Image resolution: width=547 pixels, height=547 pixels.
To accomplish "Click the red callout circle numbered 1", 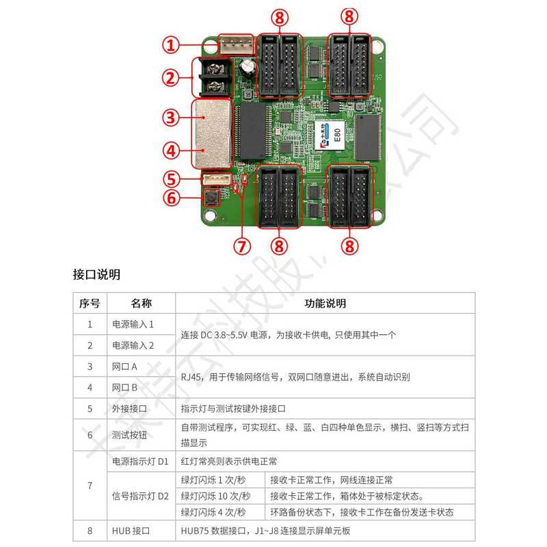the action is pyautogui.click(x=171, y=46).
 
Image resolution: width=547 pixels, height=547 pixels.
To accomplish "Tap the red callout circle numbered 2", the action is pyautogui.click(x=171, y=77).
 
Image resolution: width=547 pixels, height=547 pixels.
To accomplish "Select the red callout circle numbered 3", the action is pyautogui.click(x=171, y=116).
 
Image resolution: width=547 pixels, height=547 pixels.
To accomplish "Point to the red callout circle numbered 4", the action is pyautogui.click(x=171, y=148).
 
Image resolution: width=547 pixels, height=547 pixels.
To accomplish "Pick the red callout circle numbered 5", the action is pyautogui.click(x=171, y=179).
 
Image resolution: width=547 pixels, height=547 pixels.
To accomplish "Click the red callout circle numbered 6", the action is pyautogui.click(x=171, y=200).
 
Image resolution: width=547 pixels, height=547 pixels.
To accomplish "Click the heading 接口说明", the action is pyautogui.click(x=96, y=275).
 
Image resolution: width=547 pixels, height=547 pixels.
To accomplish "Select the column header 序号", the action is pyautogui.click(x=90, y=303).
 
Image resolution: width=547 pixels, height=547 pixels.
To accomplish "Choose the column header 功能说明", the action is pyautogui.click(x=325, y=303).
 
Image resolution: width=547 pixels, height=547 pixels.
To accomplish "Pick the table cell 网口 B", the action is pyautogui.click(x=124, y=387).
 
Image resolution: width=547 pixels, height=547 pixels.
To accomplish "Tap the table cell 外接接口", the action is pyautogui.click(x=129, y=409).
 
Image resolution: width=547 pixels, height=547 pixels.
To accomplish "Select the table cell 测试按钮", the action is pyautogui.click(x=129, y=435).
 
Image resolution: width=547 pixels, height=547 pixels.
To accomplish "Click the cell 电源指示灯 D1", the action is pyautogui.click(x=139, y=462).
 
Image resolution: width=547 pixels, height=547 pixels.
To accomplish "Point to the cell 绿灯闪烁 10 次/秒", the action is pyautogui.click(x=215, y=496).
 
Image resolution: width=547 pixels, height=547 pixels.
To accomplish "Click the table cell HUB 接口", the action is pyautogui.click(x=130, y=530).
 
